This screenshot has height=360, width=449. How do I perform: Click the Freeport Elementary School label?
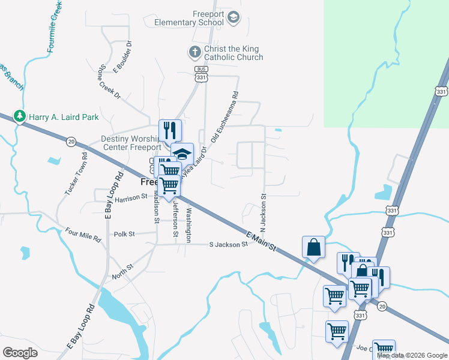click(189, 18)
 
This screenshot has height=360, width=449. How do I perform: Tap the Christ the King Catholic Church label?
click(234, 53)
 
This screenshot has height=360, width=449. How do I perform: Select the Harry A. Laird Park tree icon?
click(20, 116)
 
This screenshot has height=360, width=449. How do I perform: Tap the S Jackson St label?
click(228, 245)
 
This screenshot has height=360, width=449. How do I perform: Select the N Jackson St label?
click(263, 213)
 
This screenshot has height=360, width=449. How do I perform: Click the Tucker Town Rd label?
click(76, 173)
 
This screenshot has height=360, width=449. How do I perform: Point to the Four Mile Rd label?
click(83, 234)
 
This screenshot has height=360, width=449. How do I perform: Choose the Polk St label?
click(124, 234)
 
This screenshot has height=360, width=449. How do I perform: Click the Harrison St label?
click(131, 198)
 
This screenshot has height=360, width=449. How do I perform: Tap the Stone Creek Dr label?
click(110, 82)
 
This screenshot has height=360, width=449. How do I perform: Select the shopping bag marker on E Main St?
click(314, 247)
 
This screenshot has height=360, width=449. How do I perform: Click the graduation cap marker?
click(182, 154)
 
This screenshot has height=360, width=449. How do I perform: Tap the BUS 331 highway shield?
click(202, 74)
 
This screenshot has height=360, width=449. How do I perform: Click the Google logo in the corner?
click(20, 353)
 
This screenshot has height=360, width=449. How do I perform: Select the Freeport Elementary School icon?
click(234, 17)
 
